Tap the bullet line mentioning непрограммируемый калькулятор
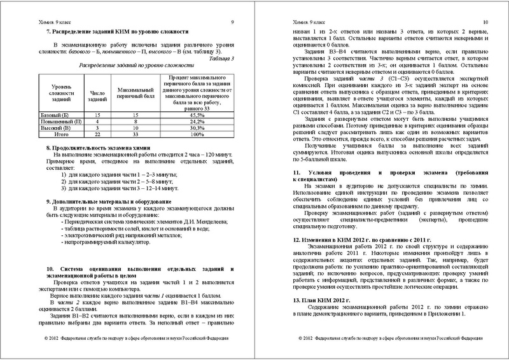pos(105,242)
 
